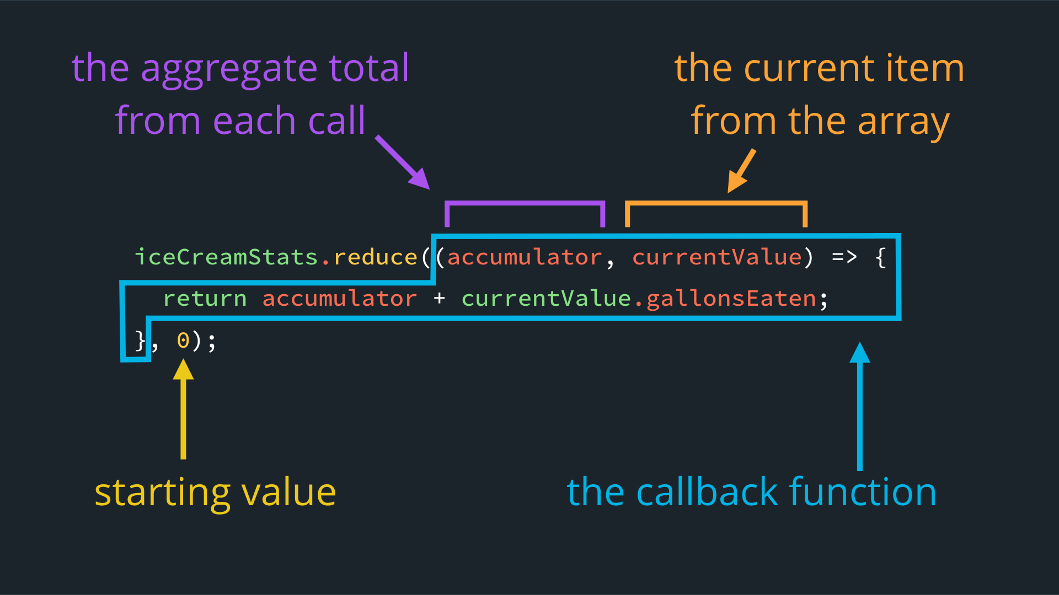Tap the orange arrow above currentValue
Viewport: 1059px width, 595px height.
(741, 171)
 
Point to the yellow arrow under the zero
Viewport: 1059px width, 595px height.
(183, 409)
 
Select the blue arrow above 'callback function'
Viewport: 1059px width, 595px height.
(860, 407)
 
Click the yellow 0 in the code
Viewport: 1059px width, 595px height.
(183, 340)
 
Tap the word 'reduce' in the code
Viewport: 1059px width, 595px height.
(376, 257)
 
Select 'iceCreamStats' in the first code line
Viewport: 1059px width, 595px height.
(227, 257)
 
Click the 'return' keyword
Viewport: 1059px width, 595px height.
(205, 299)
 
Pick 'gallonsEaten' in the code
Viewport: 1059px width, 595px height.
(731, 299)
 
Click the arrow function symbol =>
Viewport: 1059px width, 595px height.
(844, 257)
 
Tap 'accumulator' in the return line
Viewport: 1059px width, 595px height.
(340, 299)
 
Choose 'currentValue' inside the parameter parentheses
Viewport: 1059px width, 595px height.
(717, 257)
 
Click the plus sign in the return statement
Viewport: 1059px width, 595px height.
(439, 299)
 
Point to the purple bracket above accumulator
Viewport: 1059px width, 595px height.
(525, 203)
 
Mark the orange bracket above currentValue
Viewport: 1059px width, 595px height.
(716, 203)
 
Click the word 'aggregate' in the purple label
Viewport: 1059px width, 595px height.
(229, 69)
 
